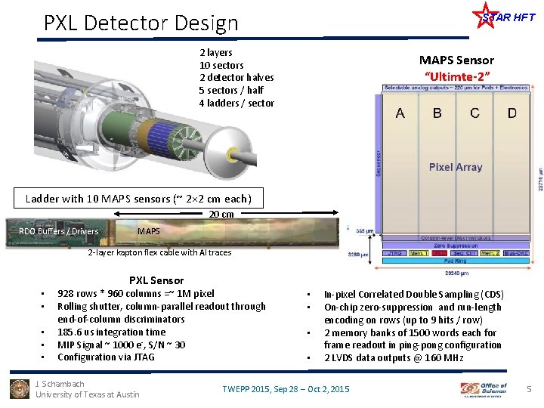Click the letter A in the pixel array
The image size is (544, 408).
400,113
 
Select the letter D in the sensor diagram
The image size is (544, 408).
512,113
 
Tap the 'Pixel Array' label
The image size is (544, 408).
456,167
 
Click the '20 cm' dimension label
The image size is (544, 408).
221,215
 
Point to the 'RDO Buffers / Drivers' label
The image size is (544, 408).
59,231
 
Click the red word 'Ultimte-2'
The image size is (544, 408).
457,76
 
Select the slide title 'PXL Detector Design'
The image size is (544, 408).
141,23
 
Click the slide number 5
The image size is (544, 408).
529,389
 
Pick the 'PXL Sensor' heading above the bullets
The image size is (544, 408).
156,280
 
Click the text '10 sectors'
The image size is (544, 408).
221,65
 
